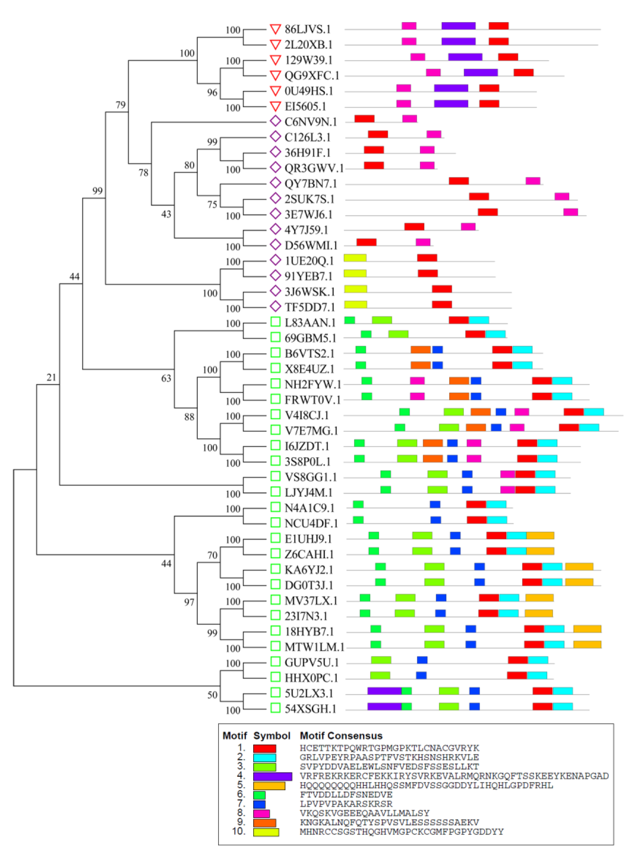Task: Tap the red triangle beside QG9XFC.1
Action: (275, 75)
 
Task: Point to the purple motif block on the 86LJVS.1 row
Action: (458, 26)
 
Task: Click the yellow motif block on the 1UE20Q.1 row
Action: (355, 258)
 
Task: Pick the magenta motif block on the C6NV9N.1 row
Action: (409, 119)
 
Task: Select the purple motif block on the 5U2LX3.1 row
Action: (384, 691)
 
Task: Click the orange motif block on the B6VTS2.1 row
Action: (421, 350)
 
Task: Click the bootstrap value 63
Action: (166, 378)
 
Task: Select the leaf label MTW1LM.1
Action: (314, 647)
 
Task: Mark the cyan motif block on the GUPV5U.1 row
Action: (538, 660)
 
